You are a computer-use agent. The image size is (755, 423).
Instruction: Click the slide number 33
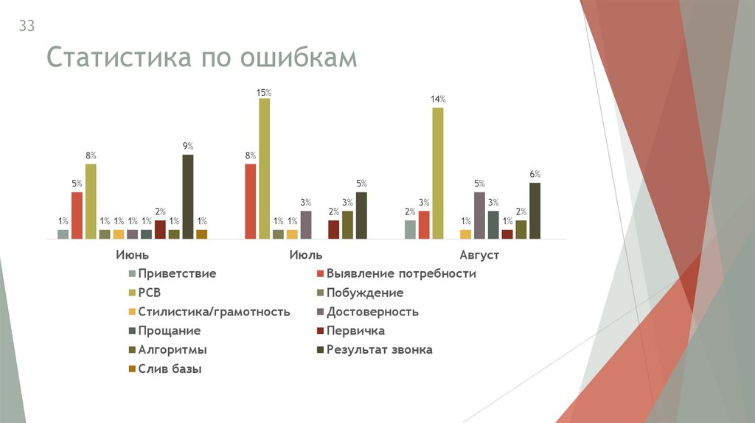tap(27, 27)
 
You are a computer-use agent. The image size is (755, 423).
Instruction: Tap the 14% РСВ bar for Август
tap(438, 173)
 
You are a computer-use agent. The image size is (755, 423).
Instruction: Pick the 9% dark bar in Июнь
tap(188, 197)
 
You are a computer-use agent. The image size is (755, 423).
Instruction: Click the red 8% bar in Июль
tap(251, 201)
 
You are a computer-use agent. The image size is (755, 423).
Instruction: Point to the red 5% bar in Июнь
tap(77, 215)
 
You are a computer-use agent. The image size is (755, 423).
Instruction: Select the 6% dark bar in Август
tap(535, 211)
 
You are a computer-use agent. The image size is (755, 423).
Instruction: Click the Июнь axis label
tap(133, 255)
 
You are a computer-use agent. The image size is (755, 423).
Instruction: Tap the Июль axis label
tap(306, 255)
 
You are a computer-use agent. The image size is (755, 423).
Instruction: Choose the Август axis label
tap(480, 255)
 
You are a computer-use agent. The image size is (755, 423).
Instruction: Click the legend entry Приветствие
tap(176, 273)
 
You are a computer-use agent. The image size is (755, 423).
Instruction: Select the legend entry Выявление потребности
tap(401, 273)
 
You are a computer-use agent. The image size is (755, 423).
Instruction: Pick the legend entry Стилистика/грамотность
tap(214, 312)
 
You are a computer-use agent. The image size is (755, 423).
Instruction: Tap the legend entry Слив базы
tap(170, 369)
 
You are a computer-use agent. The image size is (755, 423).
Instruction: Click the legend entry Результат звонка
tap(379, 350)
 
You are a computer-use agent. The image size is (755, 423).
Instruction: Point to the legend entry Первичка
tap(355, 331)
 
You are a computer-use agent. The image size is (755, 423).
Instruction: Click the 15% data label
tap(264, 93)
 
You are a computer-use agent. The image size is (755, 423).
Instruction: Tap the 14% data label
tap(438, 99)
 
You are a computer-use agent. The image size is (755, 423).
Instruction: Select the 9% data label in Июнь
tap(188, 146)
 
